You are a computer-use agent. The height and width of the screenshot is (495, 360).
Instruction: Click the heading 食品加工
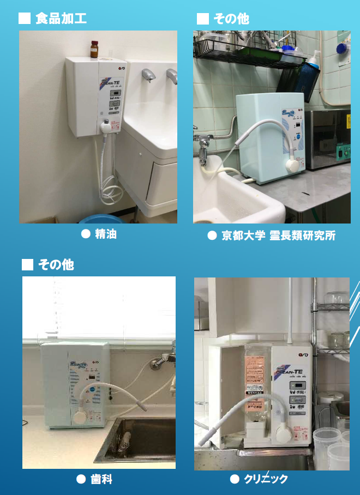coord(61,19)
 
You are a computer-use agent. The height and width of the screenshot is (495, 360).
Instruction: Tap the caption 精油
coord(106,234)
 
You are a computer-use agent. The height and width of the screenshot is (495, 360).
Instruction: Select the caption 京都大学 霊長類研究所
coord(278,236)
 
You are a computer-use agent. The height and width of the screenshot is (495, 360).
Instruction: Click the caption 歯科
coord(102,479)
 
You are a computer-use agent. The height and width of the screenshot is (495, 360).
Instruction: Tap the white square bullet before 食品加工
coord(24,19)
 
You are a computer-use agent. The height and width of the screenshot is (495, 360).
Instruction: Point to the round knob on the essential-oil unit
coord(105,126)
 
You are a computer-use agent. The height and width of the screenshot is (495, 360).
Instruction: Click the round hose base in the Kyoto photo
coord(294,164)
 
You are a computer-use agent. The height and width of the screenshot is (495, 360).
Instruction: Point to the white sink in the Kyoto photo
coord(235,196)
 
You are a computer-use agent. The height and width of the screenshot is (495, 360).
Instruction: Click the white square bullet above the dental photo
coord(27,265)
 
